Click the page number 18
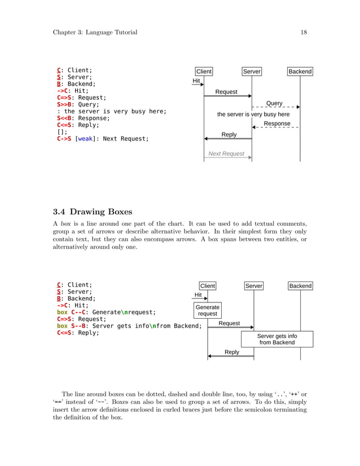(304, 32)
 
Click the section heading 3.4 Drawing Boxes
(93, 212)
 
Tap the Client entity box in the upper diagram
(204, 72)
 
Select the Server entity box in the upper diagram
(252, 72)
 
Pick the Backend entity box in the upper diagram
(300, 72)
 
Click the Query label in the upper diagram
(274, 103)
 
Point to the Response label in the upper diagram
(277, 124)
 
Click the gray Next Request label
(226, 153)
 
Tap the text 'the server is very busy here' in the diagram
(253, 115)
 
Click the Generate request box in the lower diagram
(208, 310)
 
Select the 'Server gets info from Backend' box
(277, 339)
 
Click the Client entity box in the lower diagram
(208, 286)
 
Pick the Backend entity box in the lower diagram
(300, 286)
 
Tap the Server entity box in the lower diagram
(254, 286)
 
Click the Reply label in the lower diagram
(232, 352)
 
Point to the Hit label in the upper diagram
(196, 81)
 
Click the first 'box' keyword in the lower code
(62, 312)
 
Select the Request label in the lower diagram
(229, 323)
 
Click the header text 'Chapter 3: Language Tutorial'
(95, 32)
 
